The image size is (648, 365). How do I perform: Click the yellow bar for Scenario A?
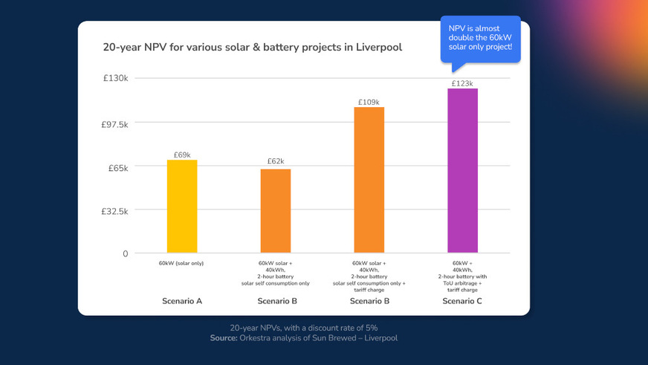pyautogui.click(x=182, y=207)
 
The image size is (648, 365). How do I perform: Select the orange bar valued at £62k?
pyautogui.click(x=276, y=211)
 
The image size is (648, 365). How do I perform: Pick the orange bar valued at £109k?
pyautogui.click(x=369, y=180)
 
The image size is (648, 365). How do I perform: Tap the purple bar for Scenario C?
pyautogui.click(x=462, y=171)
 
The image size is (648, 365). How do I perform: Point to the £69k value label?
pyautogui.click(x=182, y=155)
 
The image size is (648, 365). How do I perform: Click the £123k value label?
pyautogui.click(x=462, y=83)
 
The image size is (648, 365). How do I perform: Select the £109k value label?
pyautogui.click(x=369, y=102)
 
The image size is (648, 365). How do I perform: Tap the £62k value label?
pyautogui.click(x=276, y=161)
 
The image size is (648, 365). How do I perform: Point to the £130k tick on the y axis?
pyautogui.click(x=115, y=79)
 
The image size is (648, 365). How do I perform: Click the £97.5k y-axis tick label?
pyautogui.click(x=114, y=124)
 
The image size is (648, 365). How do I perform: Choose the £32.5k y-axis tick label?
pyautogui.click(x=114, y=211)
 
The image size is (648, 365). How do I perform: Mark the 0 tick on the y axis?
pyautogui.click(x=125, y=253)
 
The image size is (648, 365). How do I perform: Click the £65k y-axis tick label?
pyautogui.click(x=117, y=168)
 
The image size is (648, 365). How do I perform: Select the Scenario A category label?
pyautogui.click(x=182, y=301)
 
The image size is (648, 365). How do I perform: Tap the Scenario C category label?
pyautogui.click(x=462, y=301)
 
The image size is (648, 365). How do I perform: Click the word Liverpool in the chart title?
pyautogui.click(x=379, y=48)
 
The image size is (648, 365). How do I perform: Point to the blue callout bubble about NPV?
pyautogui.click(x=480, y=37)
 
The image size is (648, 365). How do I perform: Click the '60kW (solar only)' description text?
pyautogui.click(x=181, y=263)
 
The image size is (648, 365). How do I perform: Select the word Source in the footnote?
pyautogui.click(x=223, y=338)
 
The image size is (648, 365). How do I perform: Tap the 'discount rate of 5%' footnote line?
pyautogui.click(x=305, y=328)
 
